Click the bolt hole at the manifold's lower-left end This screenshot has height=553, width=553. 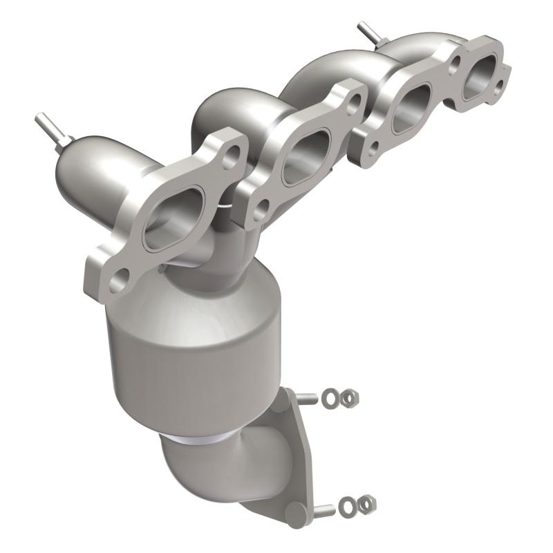(x=118, y=279)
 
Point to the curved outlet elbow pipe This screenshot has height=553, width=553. (x=207, y=470)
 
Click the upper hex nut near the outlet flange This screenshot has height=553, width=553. (x=350, y=397)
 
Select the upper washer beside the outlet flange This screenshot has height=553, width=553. (x=332, y=398)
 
